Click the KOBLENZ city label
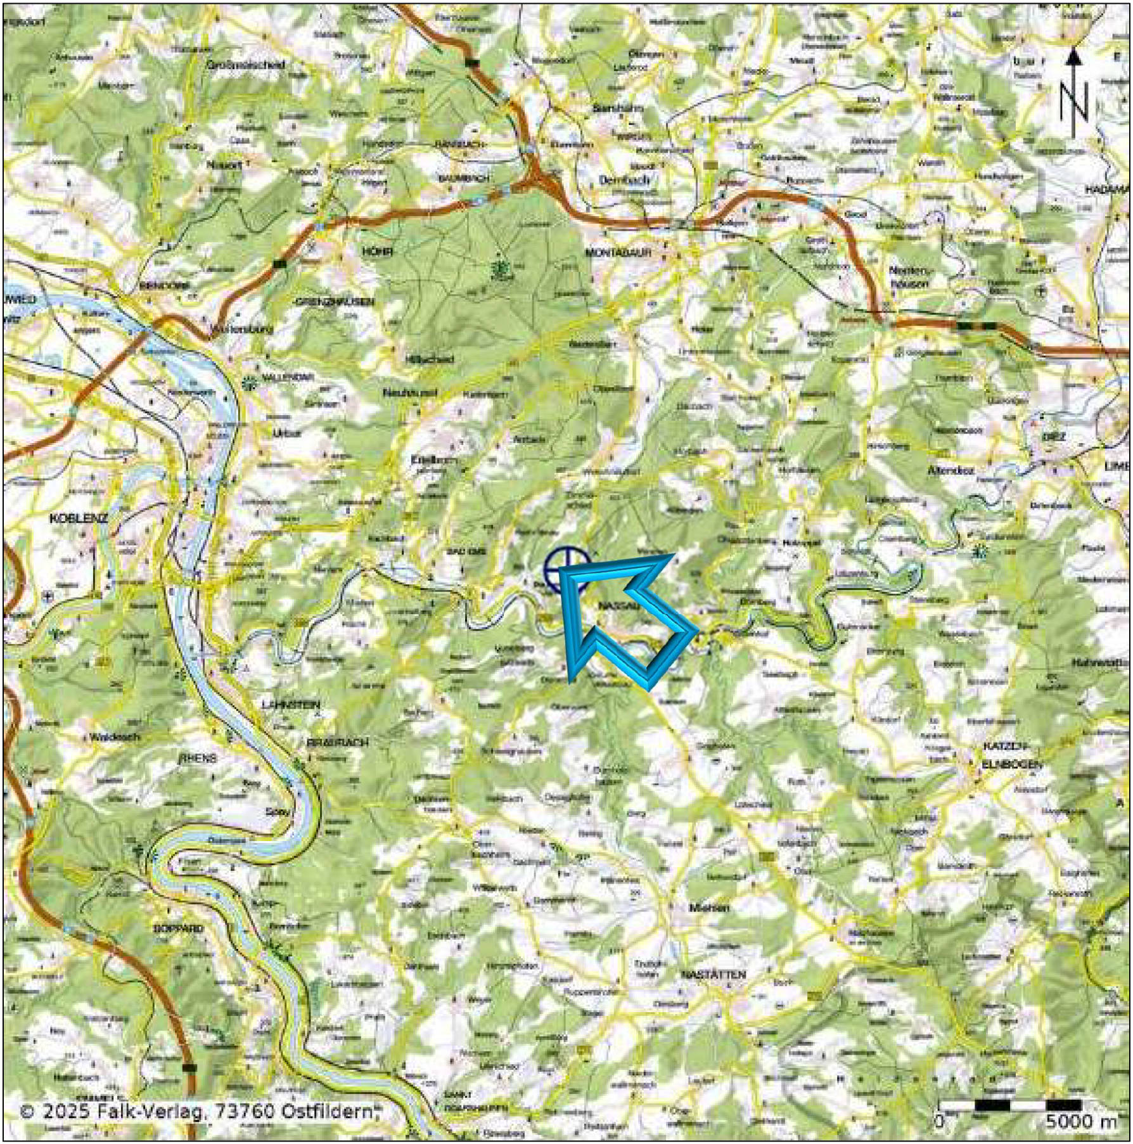[x=79, y=518]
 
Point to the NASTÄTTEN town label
[x=713, y=974]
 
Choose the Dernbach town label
[x=624, y=180]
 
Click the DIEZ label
[x=1054, y=437]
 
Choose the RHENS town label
[x=197, y=758]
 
